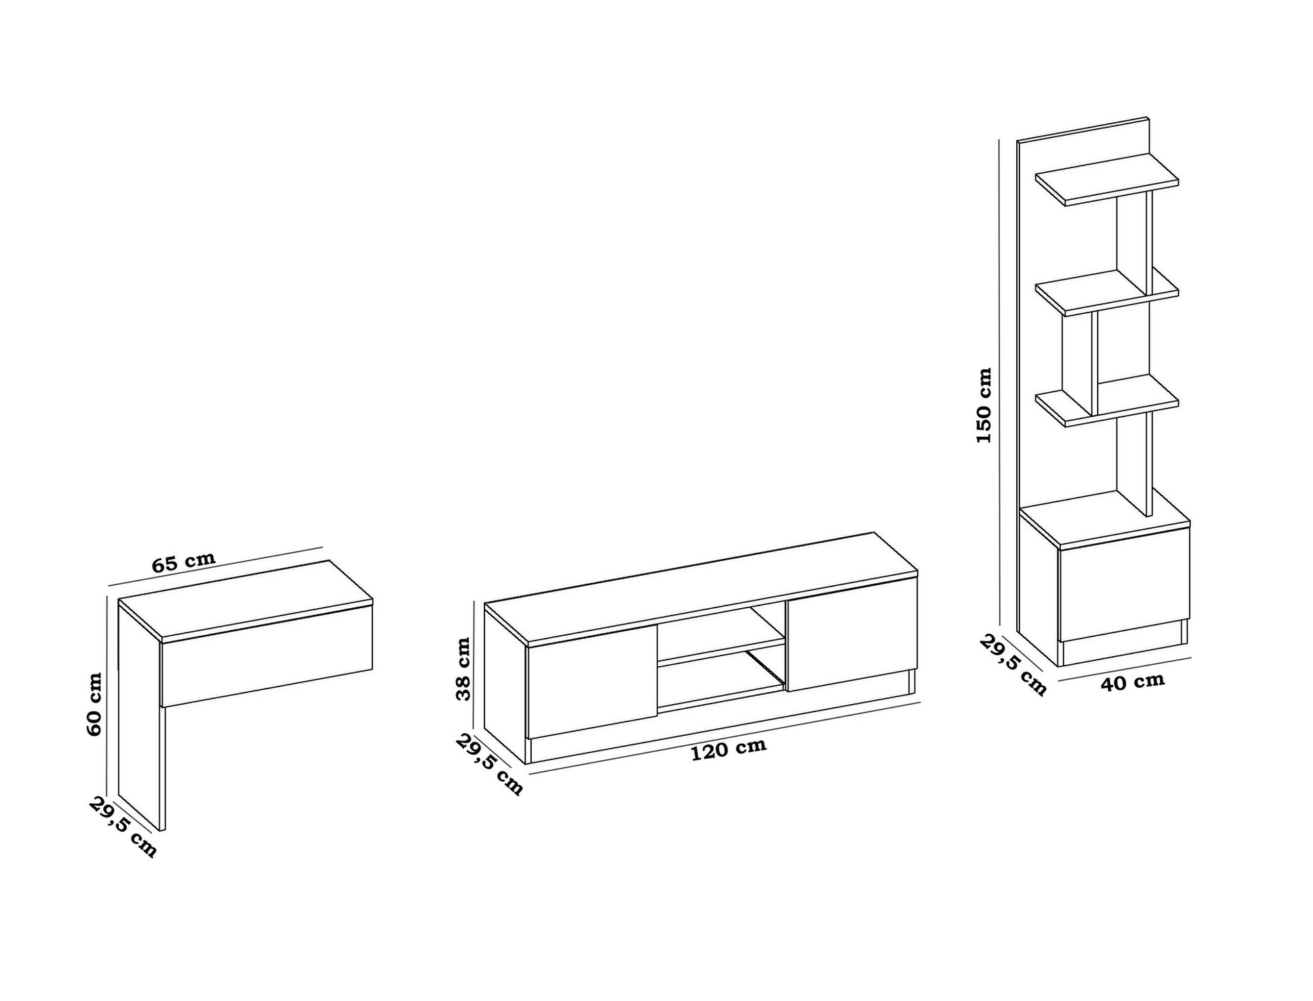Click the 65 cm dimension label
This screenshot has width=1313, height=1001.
(184, 562)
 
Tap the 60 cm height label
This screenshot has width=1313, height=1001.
(94, 704)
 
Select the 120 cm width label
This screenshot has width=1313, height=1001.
(729, 749)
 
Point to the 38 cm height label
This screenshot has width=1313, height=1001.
(464, 669)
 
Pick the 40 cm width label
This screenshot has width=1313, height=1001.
(1133, 682)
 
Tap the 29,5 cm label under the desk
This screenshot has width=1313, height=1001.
(122, 827)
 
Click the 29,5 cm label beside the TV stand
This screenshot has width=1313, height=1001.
(489, 765)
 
